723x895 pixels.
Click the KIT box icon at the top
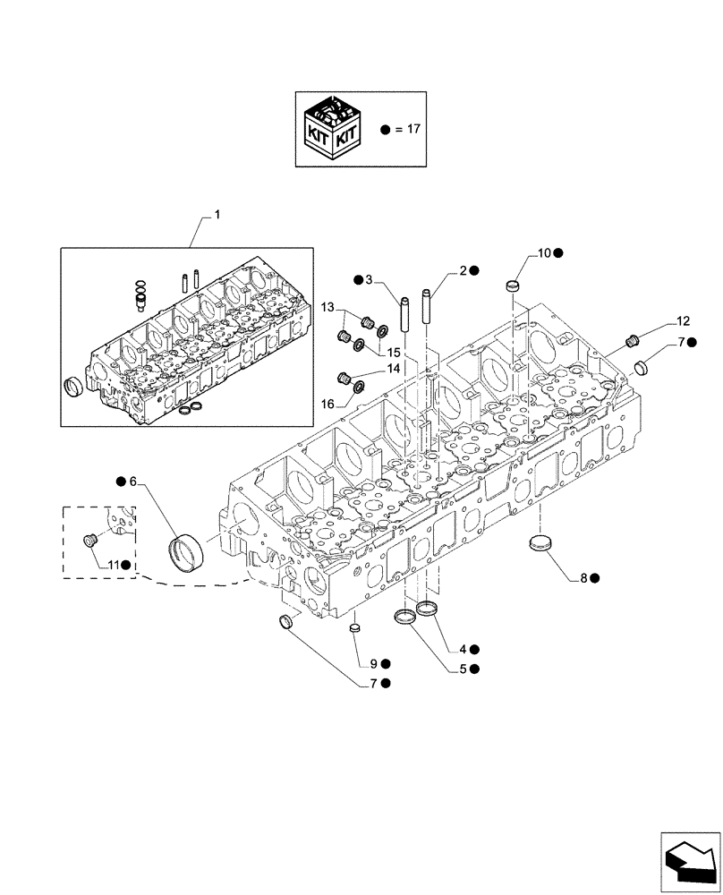pyautogui.click(x=333, y=130)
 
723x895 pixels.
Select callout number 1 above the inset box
pyautogui.click(x=216, y=216)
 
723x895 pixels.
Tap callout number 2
pyautogui.click(x=464, y=270)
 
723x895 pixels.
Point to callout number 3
pyautogui.click(x=368, y=280)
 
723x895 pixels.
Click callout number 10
pyautogui.click(x=544, y=253)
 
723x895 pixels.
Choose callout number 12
pyautogui.click(x=683, y=320)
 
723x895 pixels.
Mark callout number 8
pyautogui.click(x=583, y=578)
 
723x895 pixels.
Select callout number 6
pyautogui.click(x=132, y=482)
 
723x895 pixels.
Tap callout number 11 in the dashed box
pyautogui.click(x=113, y=565)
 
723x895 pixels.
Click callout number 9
pyautogui.click(x=373, y=663)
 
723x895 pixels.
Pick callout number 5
pyautogui.click(x=463, y=669)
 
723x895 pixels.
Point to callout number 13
pyautogui.click(x=328, y=307)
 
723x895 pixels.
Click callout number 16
pyautogui.click(x=328, y=405)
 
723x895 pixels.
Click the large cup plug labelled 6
pyautogui.click(x=188, y=548)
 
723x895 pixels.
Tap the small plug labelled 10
pyautogui.click(x=513, y=286)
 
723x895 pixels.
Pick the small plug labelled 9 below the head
pyautogui.click(x=353, y=630)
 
